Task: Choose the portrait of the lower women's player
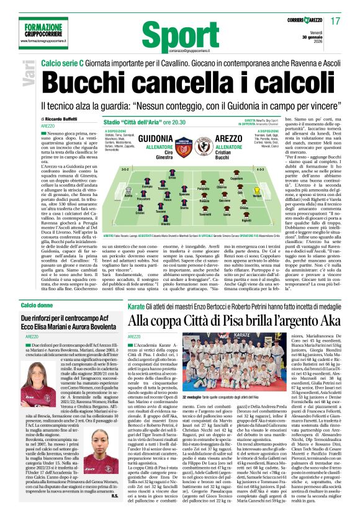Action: [x=32, y=454]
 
